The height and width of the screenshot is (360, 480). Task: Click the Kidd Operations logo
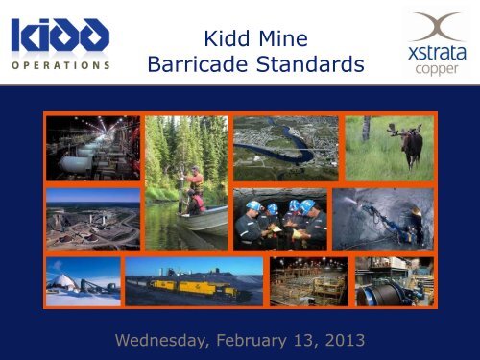[x=60, y=43]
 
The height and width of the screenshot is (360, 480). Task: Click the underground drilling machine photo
[x=383, y=218]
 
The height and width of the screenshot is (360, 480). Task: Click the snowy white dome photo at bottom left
[x=83, y=279]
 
